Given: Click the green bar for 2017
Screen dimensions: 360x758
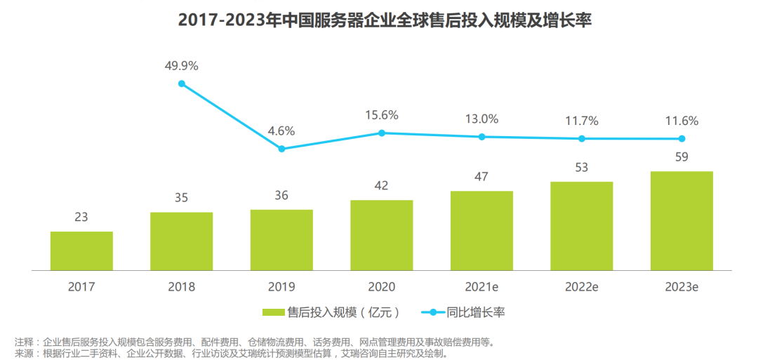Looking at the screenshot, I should pos(81,251).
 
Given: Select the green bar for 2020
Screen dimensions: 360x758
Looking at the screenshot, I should pos(382,235).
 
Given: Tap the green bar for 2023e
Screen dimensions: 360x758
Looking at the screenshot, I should pos(681,220).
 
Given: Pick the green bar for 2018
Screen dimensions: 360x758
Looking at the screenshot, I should pos(181,241).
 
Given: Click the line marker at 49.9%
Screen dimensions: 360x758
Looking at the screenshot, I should pos(182,84).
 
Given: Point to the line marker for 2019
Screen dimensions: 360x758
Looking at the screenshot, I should pos(281,149).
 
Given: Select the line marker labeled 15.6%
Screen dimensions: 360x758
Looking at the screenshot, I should pos(382,133).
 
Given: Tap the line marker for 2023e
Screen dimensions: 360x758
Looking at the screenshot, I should pos(681,139).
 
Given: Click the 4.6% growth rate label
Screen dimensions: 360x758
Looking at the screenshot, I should pos(281,131).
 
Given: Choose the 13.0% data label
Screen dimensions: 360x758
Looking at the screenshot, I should pos(481,119).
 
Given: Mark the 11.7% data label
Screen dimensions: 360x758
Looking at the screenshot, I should pos(582,121).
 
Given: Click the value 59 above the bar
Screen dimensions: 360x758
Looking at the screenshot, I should pos(681,156).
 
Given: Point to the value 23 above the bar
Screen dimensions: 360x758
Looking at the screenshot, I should pos(81,217).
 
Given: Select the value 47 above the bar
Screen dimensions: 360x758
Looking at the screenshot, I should pos(481,176).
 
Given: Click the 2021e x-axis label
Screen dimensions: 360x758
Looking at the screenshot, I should pos(481,286).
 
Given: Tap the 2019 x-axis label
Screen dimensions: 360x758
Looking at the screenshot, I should pos(281,286).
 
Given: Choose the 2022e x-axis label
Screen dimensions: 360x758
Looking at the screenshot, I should pos(582,286).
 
